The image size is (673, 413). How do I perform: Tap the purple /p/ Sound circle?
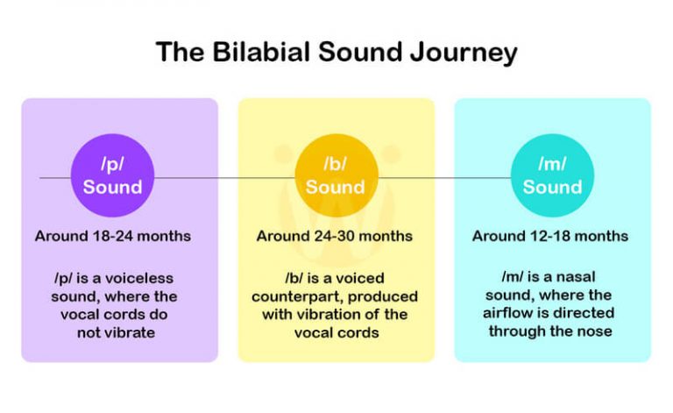click(x=112, y=175)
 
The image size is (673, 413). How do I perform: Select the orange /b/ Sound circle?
click(x=335, y=175)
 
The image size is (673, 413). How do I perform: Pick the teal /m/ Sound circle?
click(x=552, y=175)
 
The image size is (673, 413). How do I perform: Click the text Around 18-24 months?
click(x=113, y=236)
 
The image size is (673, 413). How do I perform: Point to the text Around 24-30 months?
click(x=335, y=236)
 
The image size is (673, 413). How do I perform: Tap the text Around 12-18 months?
click(x=550, y=236)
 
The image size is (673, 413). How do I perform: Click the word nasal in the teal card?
click(x=574, y=278)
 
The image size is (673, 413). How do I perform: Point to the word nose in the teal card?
click(x=593, y=331)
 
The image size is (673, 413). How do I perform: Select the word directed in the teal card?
click(x=583, y=314)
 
